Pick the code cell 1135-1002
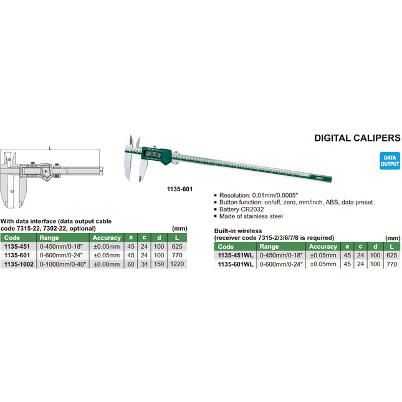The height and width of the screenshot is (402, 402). pyautogui.click(x=18, y=265)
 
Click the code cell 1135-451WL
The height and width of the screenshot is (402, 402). pyautogui.click(x=234, y=255)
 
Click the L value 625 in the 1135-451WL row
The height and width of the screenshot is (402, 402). pyautogui.click(x=391, y=255)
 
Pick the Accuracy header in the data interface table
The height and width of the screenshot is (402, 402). pyautogui.click(x=106, y=237)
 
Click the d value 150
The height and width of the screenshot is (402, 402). pyautogui.click(x=159, y=265)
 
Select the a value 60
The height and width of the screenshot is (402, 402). pyautogui.click(x=130, y=265)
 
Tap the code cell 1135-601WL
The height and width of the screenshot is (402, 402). pyautogui.click(x=234, y=264)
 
